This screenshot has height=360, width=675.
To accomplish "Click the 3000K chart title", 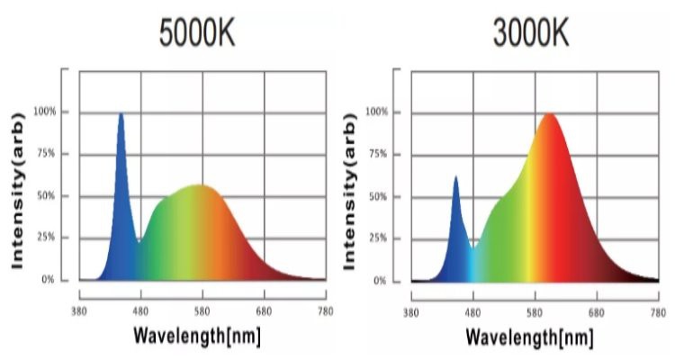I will [x=530, y=33].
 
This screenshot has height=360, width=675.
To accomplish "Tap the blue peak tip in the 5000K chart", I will [x=121, y=114].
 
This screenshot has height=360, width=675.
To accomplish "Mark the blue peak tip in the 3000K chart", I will [x=455, y=177].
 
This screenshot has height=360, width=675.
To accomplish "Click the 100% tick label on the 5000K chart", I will [x=45, y=112].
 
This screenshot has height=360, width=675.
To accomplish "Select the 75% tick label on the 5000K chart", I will [x=47, y=154].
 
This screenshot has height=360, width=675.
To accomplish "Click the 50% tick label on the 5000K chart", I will [x=47, y=196].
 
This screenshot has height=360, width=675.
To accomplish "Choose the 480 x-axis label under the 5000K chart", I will [x=141, y=311].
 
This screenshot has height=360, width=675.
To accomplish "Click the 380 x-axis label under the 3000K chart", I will [x=411, y=312].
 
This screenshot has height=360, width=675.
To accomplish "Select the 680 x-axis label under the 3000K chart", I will [x=595, y=312].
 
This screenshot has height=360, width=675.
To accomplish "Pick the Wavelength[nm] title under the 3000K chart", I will [x=530, y=337].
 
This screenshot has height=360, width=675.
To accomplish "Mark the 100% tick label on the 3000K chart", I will [x=378, y=112].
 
